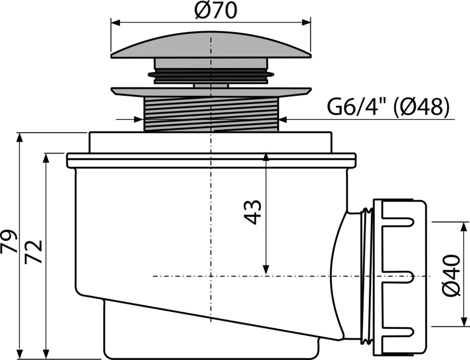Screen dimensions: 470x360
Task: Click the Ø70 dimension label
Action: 216,11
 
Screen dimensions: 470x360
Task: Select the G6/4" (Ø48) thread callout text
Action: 388,106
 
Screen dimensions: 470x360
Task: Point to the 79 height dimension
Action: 8,241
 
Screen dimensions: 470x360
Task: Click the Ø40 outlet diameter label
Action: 451,276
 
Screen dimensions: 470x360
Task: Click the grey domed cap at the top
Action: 211,45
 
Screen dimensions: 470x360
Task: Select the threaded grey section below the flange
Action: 211,114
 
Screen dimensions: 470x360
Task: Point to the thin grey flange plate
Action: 211,92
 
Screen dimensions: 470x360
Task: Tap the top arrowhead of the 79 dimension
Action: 20,137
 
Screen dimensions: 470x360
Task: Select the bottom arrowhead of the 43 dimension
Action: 266,270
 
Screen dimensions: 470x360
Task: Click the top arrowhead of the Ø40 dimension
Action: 465,227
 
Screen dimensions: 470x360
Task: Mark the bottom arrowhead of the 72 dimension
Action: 46,354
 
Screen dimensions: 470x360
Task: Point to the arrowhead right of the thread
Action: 283,120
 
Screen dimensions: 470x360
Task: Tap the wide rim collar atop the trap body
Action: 211,160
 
